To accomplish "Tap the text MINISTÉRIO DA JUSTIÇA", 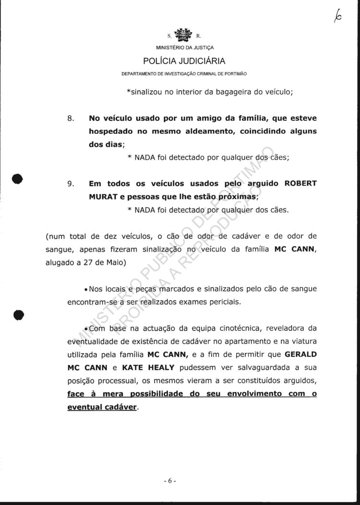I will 185,48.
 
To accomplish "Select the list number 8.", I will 70,118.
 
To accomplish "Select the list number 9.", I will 70,183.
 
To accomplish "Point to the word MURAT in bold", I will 102,197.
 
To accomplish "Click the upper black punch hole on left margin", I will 18,178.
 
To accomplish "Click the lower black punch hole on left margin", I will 18,315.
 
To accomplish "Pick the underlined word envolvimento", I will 255,394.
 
